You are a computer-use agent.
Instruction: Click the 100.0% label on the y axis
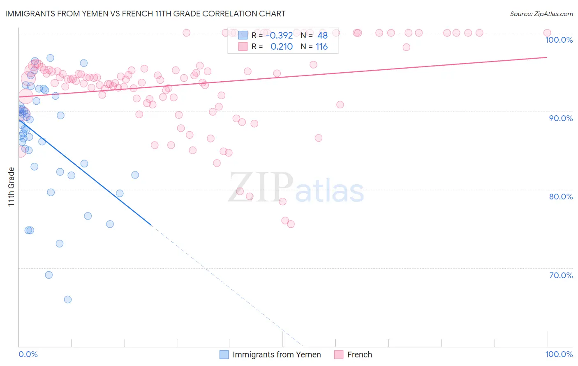click(559, 40)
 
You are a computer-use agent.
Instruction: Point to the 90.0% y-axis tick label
click(561, 118)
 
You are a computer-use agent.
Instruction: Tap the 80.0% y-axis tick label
click(561, 197)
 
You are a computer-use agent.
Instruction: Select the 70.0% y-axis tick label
click(561, 275)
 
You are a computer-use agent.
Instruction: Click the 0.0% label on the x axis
click(28, 354)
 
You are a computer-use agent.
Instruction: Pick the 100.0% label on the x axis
click(559, 354)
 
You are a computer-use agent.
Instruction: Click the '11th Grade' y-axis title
click(12, 187)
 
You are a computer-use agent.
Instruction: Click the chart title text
click(145, 14)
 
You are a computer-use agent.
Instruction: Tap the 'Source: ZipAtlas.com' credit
click(541, 14)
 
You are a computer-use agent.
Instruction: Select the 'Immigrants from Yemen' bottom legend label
click(277, 355)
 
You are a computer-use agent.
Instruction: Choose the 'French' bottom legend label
click(359, 355)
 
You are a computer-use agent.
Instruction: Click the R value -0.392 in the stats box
click(279, 35)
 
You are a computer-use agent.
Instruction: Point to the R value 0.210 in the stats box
click(282, 47)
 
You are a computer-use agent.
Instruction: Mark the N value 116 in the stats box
click(321, 47)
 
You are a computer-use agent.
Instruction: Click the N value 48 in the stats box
click(322, 35)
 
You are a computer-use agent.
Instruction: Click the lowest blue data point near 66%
click(68, 300)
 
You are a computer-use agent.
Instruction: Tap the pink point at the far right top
click(547, 33)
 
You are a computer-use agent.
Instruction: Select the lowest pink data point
click(291, 224)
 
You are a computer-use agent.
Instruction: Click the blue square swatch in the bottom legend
click(224, 355)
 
